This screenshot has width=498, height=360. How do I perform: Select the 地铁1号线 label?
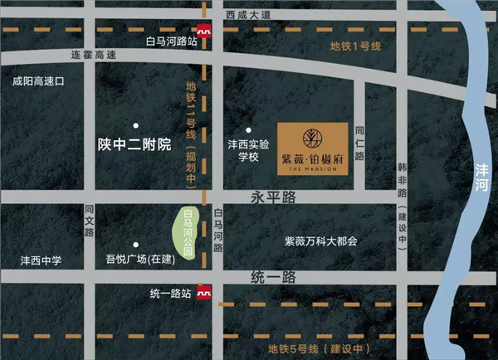[x=354, y=46]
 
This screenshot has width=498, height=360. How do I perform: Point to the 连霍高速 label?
[x=94, y=56]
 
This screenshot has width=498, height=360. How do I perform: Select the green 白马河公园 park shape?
[x=189, y=231]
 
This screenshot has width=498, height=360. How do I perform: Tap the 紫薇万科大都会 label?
[x=320, y=241]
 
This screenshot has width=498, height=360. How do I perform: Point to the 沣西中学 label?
[x=41, y=260]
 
